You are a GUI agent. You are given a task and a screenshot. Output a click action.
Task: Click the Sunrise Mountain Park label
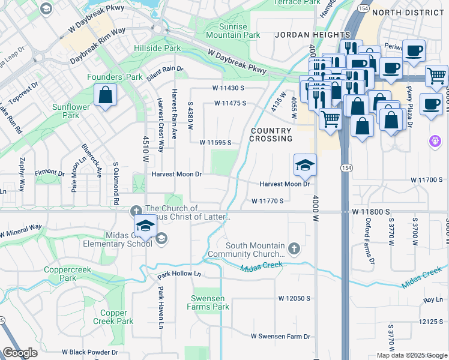(x=233, y=31)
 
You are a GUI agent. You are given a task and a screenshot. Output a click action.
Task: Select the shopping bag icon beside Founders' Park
(x=106, y=95)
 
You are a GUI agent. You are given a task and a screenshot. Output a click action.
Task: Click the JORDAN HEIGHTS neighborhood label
(x=312, y=35)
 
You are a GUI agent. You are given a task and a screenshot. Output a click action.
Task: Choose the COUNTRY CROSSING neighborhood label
(x=271, y=134)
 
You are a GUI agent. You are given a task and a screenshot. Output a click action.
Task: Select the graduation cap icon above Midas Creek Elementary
(x=145, y=226)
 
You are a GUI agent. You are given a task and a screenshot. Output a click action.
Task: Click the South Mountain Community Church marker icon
(x=294, y=247)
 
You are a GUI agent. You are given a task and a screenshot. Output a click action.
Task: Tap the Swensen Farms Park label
(x=210, y=302)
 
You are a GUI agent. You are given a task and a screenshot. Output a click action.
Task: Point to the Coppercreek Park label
(x=67, y=274)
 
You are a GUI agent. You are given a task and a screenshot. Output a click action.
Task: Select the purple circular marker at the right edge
(x=436, y=140)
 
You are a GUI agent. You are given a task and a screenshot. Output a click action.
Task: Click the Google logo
(x=20, y=352)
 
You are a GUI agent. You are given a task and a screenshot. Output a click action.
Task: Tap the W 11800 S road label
(x=372, y=212)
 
